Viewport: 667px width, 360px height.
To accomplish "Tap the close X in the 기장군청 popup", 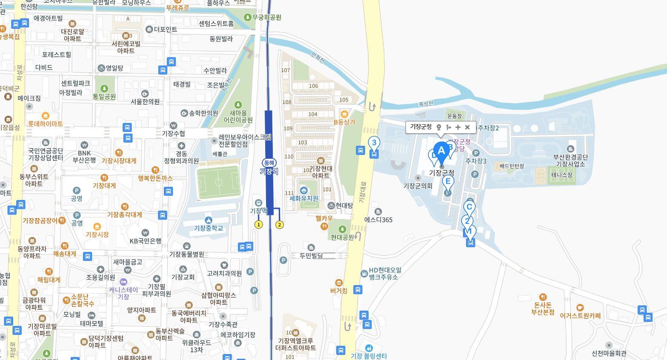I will [x=467, y=127].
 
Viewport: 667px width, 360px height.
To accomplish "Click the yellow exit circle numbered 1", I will [x=258, y=224].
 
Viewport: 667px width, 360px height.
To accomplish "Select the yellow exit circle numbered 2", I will [x=280, y=225].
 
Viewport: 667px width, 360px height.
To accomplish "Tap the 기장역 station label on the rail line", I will [x=269, y=171].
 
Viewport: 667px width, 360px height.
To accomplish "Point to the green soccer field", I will [x=218, y=183].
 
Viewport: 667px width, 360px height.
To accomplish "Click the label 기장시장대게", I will [x=119, y=161].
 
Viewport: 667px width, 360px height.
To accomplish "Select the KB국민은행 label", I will [x=146, y=241].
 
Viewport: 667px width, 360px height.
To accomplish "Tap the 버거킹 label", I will [x=339, y=291].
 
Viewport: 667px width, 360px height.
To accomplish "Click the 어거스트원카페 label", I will [x=580, y=316].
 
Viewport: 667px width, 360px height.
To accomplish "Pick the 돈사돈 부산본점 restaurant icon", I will [x=543, y=297].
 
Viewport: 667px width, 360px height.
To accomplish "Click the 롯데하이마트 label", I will [x=45, y=124].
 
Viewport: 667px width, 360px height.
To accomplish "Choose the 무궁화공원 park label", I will [x=266, y=17].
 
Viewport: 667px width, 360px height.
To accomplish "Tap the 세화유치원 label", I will [x=303, y=198].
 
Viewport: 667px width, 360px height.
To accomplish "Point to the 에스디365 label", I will [x=378, y=220].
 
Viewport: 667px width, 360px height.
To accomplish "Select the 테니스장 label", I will [x=562, y=174].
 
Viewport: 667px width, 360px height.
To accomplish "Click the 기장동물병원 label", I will [x=187, y=254].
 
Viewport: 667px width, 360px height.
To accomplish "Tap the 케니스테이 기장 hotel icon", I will [x=123, y=282].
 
